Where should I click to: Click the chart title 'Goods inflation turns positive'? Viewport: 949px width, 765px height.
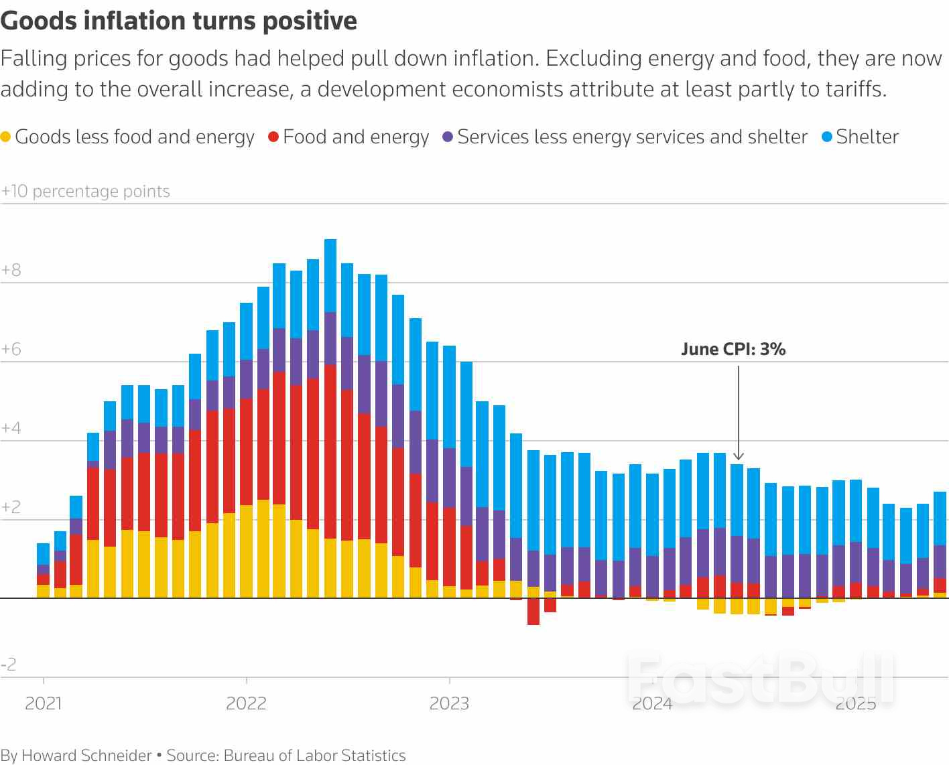tap(179, 20)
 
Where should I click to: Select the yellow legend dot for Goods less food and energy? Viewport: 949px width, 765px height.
tap(6, 137)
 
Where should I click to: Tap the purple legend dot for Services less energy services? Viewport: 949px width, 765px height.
tap(448, 137)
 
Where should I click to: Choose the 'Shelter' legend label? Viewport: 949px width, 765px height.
tap(867, 137)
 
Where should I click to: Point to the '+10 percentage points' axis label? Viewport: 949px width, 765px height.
tap(85, 192)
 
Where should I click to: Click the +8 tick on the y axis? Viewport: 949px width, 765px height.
tap(11, 270)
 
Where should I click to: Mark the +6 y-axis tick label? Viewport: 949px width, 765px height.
tap(11, 349)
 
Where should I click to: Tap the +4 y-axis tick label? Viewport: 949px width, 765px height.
tap(11, 428)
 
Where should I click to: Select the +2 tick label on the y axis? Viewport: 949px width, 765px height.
tap(11, 507)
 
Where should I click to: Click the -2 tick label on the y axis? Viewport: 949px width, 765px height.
tap(9, 665)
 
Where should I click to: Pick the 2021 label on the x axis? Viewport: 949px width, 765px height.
tap(43, 703)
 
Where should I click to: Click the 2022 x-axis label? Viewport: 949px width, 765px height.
tap(246, 703)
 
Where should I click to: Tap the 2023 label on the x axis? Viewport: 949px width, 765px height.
tap(449, 703)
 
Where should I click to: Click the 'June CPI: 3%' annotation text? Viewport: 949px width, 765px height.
tap(733, 349)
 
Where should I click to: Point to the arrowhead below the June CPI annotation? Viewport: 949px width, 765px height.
tap(738, 456)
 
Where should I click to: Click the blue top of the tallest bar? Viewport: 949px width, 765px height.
tap(330, 275)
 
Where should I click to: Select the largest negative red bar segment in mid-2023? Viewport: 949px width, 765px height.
tap(533, 612)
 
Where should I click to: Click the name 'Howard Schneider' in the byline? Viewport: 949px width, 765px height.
tap(87, 756)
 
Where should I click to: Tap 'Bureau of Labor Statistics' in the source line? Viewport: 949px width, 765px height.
tap(314, 756)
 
